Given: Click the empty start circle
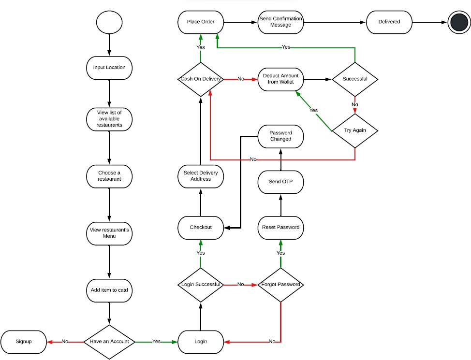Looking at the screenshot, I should [x=109, y=23].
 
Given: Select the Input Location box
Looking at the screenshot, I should [x=109, y=67].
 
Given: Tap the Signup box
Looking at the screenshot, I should [x=24, y=341].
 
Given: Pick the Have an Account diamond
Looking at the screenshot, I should [x=109, y=341].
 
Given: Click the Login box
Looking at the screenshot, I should [x=201, y=341].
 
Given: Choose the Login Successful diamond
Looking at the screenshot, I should [x=201, y=285].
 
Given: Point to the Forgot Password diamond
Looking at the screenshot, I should [x=280, y=285].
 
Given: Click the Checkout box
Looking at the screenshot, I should [x=201, y=227].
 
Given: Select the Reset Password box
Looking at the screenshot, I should [x=280, y=227].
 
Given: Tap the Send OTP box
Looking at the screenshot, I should [x=280, y=182].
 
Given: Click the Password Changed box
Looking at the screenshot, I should [x=280, y=136].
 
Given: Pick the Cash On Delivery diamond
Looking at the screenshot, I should [x=201, y=79].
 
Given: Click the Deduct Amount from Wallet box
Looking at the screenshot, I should [x=280, y=79].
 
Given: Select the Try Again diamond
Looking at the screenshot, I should [x=355, y=130].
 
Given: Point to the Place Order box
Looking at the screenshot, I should [x=201, y=22].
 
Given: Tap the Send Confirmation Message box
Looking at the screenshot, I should [x=280, y=22].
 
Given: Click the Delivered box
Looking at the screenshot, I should [x=389, y=22].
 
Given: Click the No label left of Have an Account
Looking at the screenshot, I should [x=65, y=342].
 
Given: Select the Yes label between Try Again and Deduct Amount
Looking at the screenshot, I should [x=313, y=110].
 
